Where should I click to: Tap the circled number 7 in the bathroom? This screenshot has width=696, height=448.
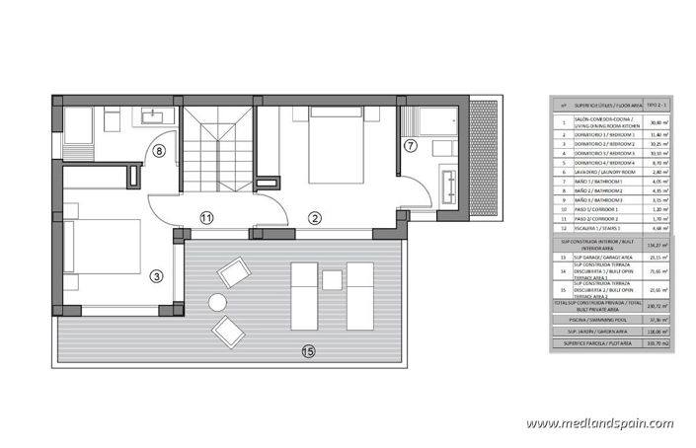coord(412,146)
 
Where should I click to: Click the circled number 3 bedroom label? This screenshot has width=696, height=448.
coord(157,275)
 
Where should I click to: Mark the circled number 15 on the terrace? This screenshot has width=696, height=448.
coord(308,348)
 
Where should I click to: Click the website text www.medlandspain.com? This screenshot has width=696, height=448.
coord(600,424)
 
